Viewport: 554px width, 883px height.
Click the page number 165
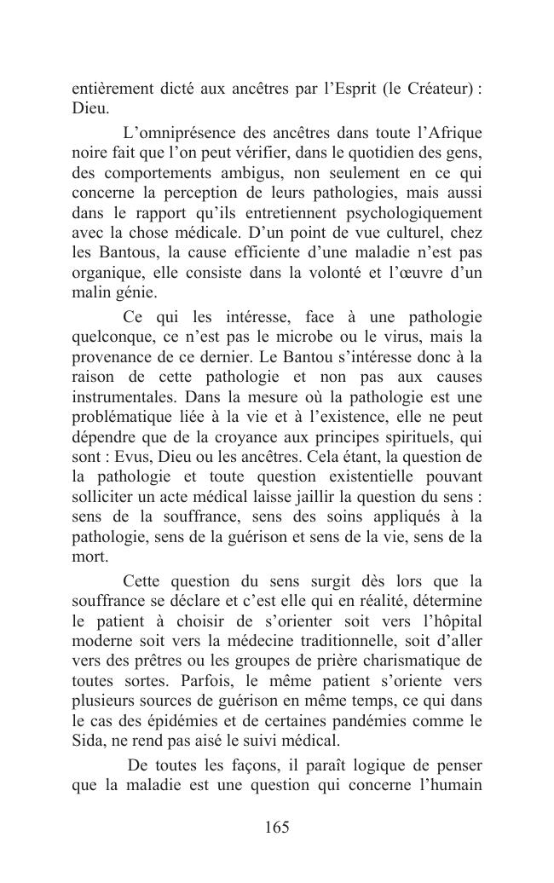click(x=277, y=828)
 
